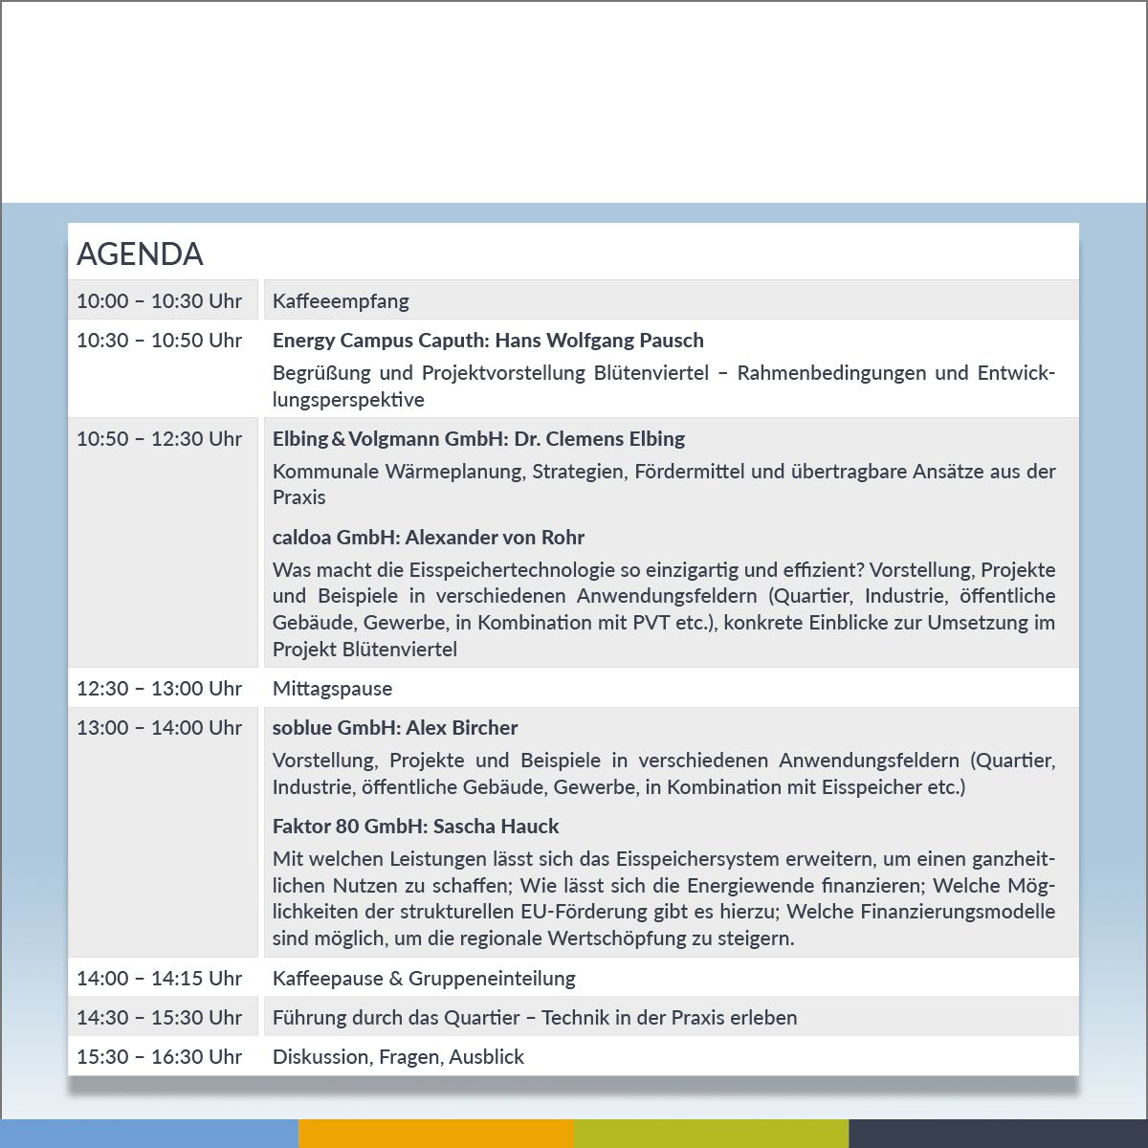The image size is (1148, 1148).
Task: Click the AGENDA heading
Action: click(140, 254)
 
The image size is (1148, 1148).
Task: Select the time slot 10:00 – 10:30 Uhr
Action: click(159, 301)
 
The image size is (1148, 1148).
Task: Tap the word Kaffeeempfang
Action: click(341, 301)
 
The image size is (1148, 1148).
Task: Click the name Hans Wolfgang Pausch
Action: click(599, 341)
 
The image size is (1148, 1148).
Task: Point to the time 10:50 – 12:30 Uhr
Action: click(159, 439)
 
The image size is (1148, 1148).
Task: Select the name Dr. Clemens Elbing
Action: click(600, 439)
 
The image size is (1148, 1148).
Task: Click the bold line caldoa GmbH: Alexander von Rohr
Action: click(428, 538)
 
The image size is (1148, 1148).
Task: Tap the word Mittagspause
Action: click(332, 689)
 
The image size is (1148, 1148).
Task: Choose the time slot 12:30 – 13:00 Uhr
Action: click(159, 689)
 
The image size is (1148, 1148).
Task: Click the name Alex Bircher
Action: click(462, 728)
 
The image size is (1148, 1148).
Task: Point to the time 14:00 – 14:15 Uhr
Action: click(159, 979)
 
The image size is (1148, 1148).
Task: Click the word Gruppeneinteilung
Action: click(492, 979)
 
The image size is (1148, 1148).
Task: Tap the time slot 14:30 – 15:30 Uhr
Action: click(159, 1018)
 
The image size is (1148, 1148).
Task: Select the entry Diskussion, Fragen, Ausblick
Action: click(398, 1057)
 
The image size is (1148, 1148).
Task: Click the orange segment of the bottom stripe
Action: click(436, 1134)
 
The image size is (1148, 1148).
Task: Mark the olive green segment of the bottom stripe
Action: click(711, 1134)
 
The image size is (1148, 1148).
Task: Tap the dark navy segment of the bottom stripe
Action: click(998, 1134)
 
